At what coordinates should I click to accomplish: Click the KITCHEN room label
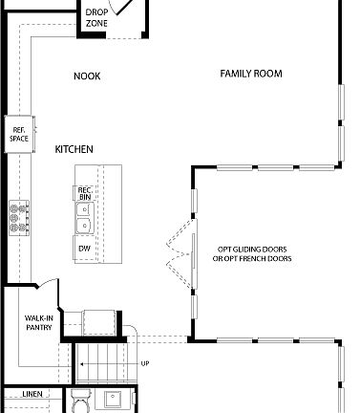[x=74, y=150]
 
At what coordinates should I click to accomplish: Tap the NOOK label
[x=87, y=76]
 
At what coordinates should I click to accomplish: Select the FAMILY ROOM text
[x=251, y=74]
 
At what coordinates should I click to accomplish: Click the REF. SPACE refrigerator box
[x=19, y=135]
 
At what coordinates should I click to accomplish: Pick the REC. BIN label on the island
[x=85, y=193]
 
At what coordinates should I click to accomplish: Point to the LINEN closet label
[x=32, y=395]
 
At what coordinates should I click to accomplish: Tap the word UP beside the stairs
[x=145, y=363]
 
